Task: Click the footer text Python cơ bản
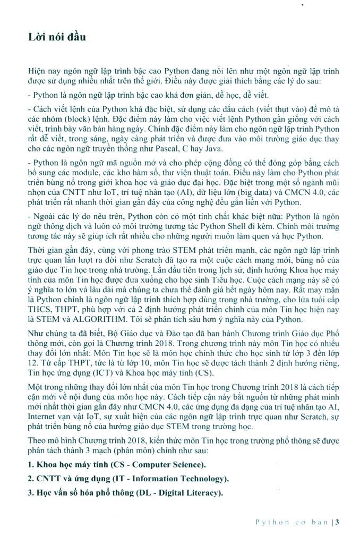(292, 522)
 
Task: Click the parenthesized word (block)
(85, 119)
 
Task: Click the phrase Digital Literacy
(184, 493)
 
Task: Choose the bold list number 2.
(30, 479)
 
